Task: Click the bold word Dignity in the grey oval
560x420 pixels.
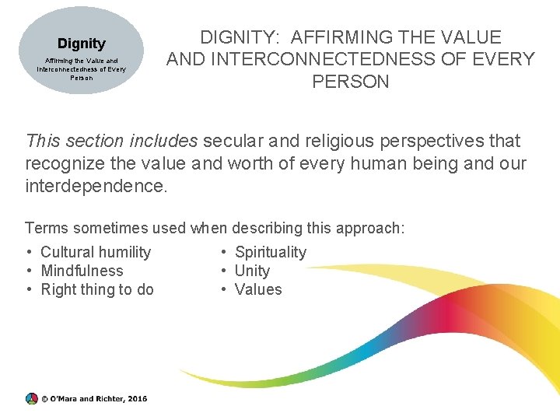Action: [81, 44]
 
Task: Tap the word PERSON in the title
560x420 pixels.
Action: [350, 82]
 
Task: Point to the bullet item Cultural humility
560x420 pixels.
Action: [96, 252]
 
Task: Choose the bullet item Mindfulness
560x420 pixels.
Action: [82, 271]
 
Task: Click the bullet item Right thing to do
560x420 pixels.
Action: [97, 289]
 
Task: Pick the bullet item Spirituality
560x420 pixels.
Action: [271, 252]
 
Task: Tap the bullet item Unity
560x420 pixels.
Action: [252, 271]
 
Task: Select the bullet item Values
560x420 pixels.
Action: [258, 289]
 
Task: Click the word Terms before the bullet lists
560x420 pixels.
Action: [45, 228]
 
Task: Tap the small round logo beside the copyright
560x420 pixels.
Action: [31, 398]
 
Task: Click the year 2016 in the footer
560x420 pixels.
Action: [136, 399]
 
